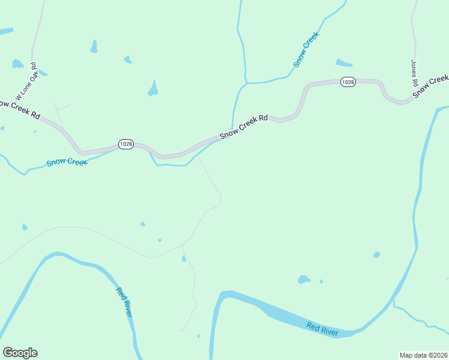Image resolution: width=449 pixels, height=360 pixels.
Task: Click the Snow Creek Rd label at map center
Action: [x=243, y=127]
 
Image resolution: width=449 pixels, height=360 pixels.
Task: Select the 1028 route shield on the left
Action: [x=125, y=145]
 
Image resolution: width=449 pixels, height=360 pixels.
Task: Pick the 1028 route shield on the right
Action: [x=348, y=82]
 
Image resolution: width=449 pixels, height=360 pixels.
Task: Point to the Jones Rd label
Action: [x=414, y=72]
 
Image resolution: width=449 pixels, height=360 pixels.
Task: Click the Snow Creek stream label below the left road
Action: [x=67, y=162]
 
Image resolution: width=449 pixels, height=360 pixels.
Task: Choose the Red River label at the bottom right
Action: [x=322, y=329]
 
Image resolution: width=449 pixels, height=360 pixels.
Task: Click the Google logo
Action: [x=20, y=353]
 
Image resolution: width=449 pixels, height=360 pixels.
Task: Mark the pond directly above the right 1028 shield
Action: [x=344, y=63]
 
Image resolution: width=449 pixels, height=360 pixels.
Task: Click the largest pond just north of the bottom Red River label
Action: [x=304, y=279]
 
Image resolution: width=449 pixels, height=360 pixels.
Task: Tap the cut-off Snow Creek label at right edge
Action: [x=439, y=82]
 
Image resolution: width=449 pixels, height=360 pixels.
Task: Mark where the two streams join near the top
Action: [x=246, y=83]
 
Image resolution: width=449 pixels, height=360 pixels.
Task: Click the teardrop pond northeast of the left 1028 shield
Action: [x=153, y=89]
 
